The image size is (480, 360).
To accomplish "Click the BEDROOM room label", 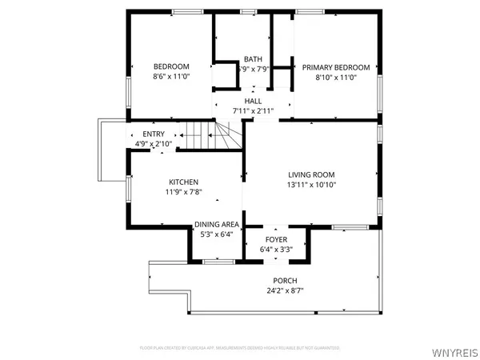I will tap(170, 66).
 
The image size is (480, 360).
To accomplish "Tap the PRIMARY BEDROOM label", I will tap(335, 67).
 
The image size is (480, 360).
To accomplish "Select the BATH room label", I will tap(253, 59).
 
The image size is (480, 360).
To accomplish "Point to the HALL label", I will tap(253, 102).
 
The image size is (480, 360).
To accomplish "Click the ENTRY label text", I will tap(154, 134).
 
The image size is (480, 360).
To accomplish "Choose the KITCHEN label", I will tap(183, 182).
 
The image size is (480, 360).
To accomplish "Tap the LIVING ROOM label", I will tap(311, 174).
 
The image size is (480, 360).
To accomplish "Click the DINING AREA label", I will tap(217, 225).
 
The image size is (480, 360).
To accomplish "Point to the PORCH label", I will tap(285, 281).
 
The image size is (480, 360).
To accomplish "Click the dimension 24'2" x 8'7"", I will tap(285, 290).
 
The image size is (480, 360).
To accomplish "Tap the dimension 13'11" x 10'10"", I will tap(311, 185).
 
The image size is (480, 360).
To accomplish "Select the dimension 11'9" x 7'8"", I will tap(183, 193).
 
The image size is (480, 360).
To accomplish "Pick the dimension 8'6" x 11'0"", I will tap(170, 77).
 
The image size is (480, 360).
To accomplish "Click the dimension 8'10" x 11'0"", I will tap(335, 78).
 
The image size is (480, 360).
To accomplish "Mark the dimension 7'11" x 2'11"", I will tap(253, 111).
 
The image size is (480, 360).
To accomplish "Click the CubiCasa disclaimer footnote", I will tap(240, 348).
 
